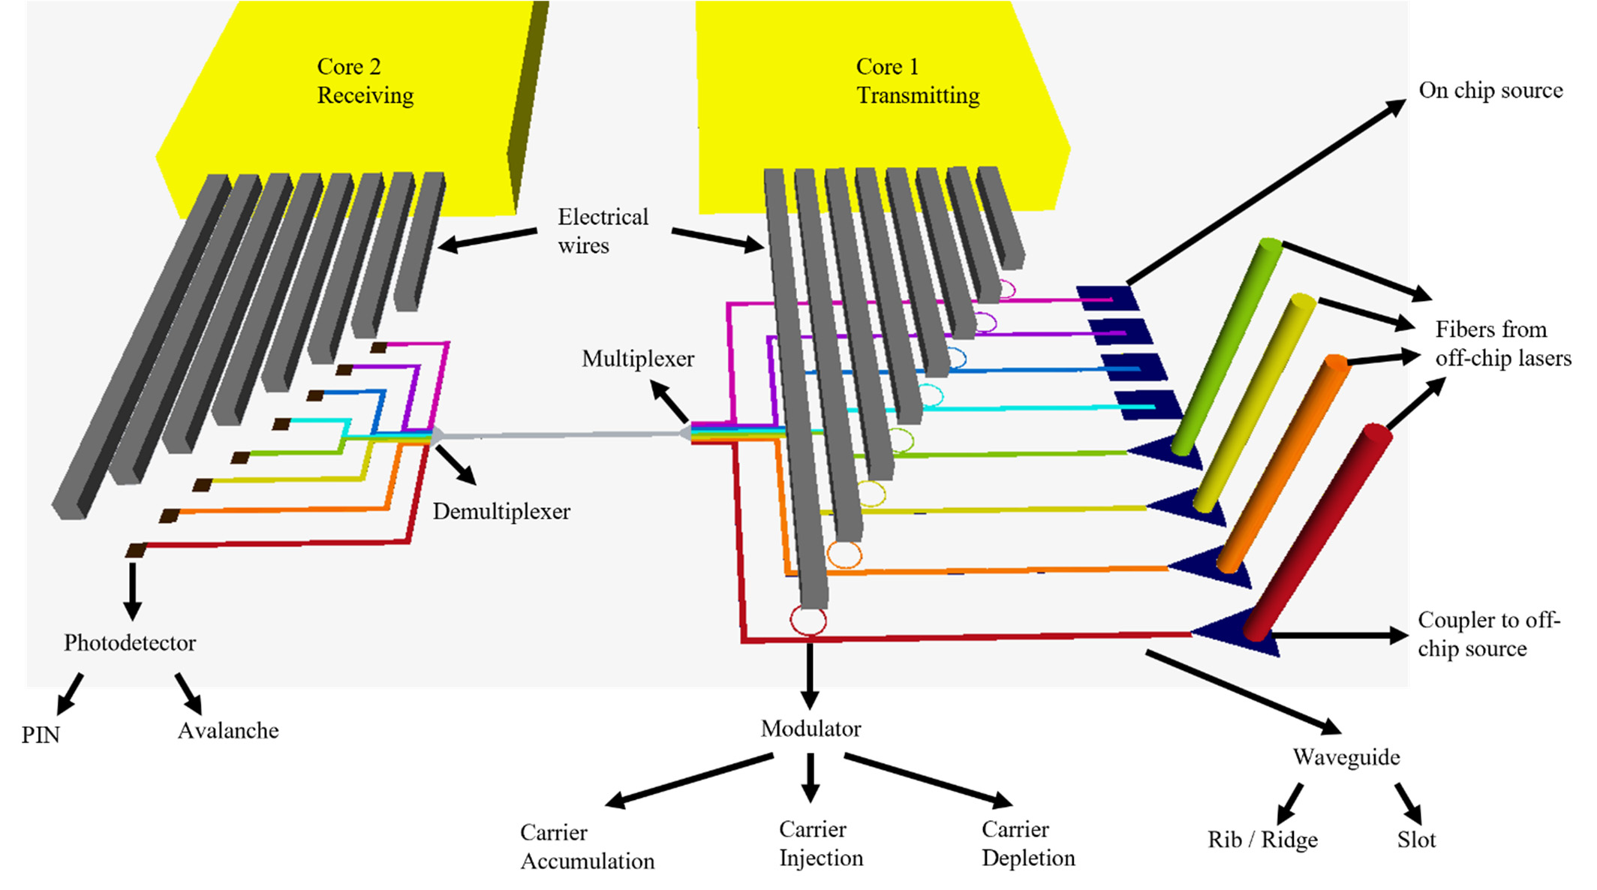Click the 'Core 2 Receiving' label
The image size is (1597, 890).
pyautogui.click(x=365, y=81)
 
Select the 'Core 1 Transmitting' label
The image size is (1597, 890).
pyautogui.click(x=917, y=81)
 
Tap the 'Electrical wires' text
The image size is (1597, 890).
pyautogui.click(x=603, y=231)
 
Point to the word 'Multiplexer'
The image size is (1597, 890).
pyautogui.click(x=638, y=359)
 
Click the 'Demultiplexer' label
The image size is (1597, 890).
pyautogui.click(x=501, y=512)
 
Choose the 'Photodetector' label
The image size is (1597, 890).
pyautogui.click(x=130, y=643)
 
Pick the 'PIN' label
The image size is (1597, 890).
pyautogui.click(x=41, y=735)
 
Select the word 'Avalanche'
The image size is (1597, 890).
pyautogui.click(x=228, y=730)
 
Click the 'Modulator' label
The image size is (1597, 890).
pyautogui.click(x=811, y=729)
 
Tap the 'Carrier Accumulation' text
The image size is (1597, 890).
pyautogui.click(x=587, y=846)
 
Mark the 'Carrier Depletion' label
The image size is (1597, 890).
pyautogui.click(x=1028, y=843)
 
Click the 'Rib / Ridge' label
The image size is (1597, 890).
pyautogui.click(x=1262, y=840)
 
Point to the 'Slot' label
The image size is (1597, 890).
pyautogui.click(x=1416, y=840)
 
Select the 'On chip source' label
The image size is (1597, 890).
pyautogui.click(x=1490, y=90)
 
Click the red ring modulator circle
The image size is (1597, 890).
pyautogui.click(x=792, y=621)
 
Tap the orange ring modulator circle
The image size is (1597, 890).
pyautogui.click(x=829, y=555)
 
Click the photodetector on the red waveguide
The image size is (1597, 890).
pyautogui.click(x=136, y=551)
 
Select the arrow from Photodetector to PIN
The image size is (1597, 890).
pyautogui.click(x=70, y=693)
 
